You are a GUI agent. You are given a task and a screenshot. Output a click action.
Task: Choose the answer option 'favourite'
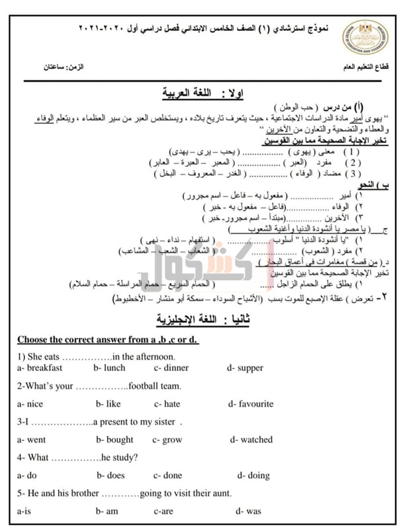click(255, 403)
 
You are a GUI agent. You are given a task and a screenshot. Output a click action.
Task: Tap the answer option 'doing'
click(253, 475)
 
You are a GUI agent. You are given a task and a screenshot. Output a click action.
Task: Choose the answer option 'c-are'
click(163, 510)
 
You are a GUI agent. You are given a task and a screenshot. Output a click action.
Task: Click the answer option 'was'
click(253, 510)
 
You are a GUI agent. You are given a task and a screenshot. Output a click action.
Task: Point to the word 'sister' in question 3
click(164, 421)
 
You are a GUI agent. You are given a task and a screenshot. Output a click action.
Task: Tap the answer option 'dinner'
click(171, 368)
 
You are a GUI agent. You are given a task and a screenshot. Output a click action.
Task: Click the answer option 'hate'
click(167, 403)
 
